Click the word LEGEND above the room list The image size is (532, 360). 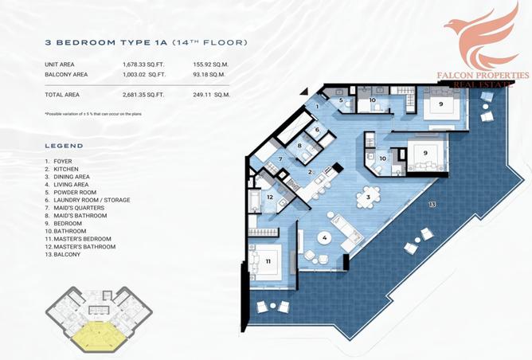(x=64, y=147)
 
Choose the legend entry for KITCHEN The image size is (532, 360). (x=62, y=170)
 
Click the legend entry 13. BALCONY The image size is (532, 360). (x=65, y=254)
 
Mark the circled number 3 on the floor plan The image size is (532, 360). (x=368, y=196)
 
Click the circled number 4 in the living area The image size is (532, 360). (x=325, y=237)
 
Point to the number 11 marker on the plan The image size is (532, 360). (x=268, y=260)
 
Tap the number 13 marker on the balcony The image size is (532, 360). (x=432, y=205)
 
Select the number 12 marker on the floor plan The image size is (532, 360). (x=270, y=197)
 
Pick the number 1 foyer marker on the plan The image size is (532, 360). (x=316, y=106)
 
